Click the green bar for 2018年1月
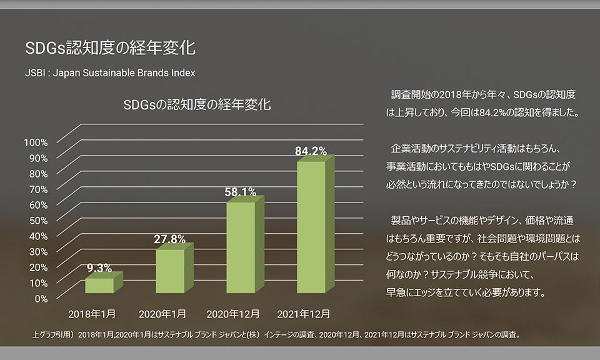coord(99,285)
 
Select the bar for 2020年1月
coord(170,271)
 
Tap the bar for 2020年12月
coord(241,247)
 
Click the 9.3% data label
coord(99,268)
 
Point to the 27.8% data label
coord(170,239)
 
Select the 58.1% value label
coord(241,192)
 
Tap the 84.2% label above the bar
coord(311,151)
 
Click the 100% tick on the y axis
coord(36,142)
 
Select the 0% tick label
coord(41,298)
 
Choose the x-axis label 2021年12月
coord(303,312)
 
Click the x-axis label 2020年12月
coord(233,312)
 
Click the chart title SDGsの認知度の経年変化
coord(197,104)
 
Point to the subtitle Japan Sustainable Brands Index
coord(124,72)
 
